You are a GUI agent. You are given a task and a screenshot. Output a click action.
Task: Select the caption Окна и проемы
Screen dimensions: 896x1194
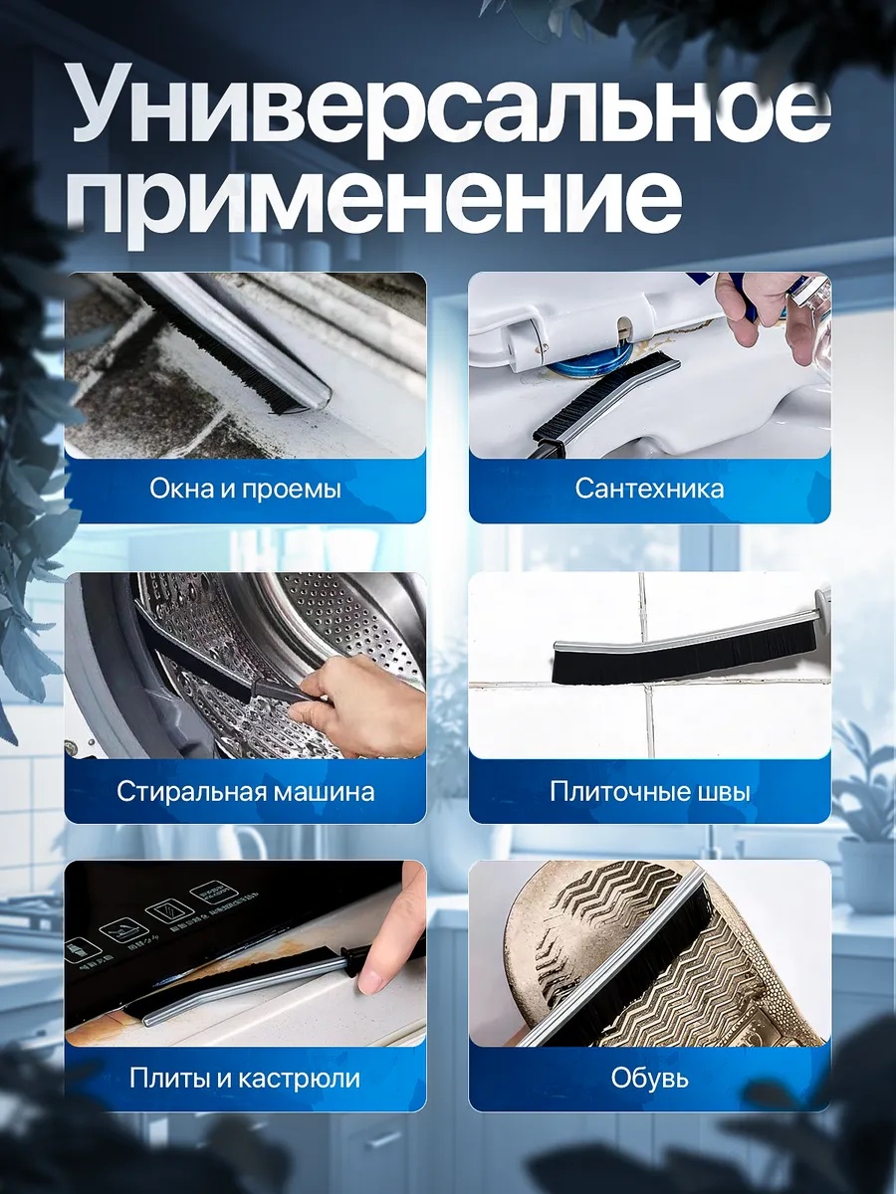[x=245, y=489]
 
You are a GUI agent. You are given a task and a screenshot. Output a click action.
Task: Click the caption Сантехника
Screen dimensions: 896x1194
[x=649, y=489]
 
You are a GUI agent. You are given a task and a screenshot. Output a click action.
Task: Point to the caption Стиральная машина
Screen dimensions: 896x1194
[x=245, y=791]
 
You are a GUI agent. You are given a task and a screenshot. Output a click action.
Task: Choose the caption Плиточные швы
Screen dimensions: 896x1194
[x=649, y=791]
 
